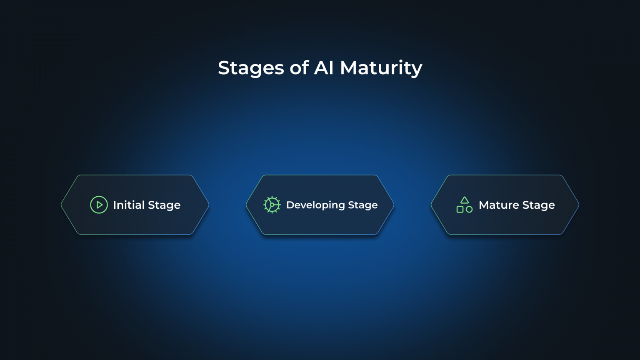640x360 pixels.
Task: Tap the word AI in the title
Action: coord(324,68)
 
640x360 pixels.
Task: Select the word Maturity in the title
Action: coord(381,68)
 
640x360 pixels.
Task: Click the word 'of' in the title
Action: coord(299,68)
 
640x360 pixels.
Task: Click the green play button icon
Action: coord(99,205)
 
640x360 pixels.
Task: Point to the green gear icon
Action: coord(272,205)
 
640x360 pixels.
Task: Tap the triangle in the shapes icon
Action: coord(465,200)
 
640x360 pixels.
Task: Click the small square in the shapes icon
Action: coord(460,210)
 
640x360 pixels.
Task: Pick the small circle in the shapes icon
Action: coord(469,210)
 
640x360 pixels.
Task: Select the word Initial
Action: coord(128,205)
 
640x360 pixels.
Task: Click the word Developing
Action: coord(315,205)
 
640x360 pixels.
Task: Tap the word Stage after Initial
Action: coord(164,205)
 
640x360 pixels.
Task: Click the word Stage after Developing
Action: coord(363,205)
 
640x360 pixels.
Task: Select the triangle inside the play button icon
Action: coord(100,205)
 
